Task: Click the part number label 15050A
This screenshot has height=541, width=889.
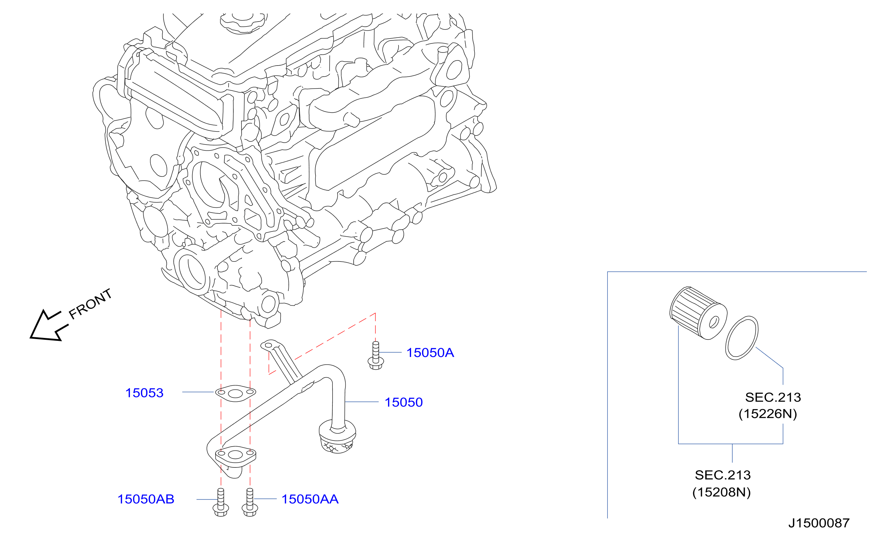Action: pos(430,353)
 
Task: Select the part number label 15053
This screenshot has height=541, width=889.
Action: pos(144,393)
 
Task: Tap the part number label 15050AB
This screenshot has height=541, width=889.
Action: pos(146,499)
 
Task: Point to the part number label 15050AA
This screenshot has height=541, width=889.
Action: pos(310,499)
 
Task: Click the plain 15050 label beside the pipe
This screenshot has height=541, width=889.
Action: pos(403,402)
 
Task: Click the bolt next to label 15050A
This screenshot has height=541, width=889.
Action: pos(376,355)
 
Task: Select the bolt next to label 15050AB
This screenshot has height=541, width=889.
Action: pos(221,502)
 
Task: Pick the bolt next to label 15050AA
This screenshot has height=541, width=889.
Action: pos(250,502)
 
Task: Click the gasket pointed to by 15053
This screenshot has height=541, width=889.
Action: pos(235,393)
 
